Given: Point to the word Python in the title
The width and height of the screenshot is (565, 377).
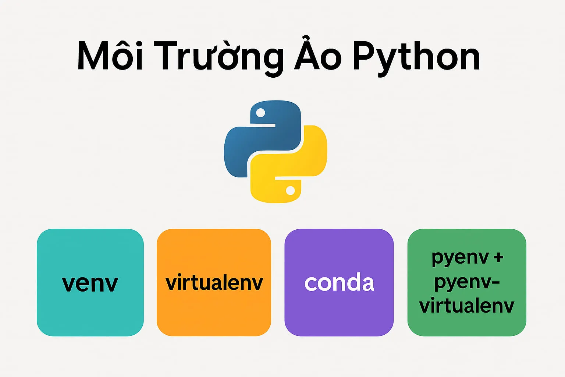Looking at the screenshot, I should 416,58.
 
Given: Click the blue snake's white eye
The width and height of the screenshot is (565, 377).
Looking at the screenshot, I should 260,113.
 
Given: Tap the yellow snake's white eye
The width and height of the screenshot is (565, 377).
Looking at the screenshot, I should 290,190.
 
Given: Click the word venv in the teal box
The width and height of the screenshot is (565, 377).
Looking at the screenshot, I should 90,283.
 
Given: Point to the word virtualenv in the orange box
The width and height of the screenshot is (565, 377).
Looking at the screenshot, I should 214,283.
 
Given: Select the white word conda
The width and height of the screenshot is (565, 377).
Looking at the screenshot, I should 339,283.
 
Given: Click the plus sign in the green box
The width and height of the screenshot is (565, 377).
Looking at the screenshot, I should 498,258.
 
